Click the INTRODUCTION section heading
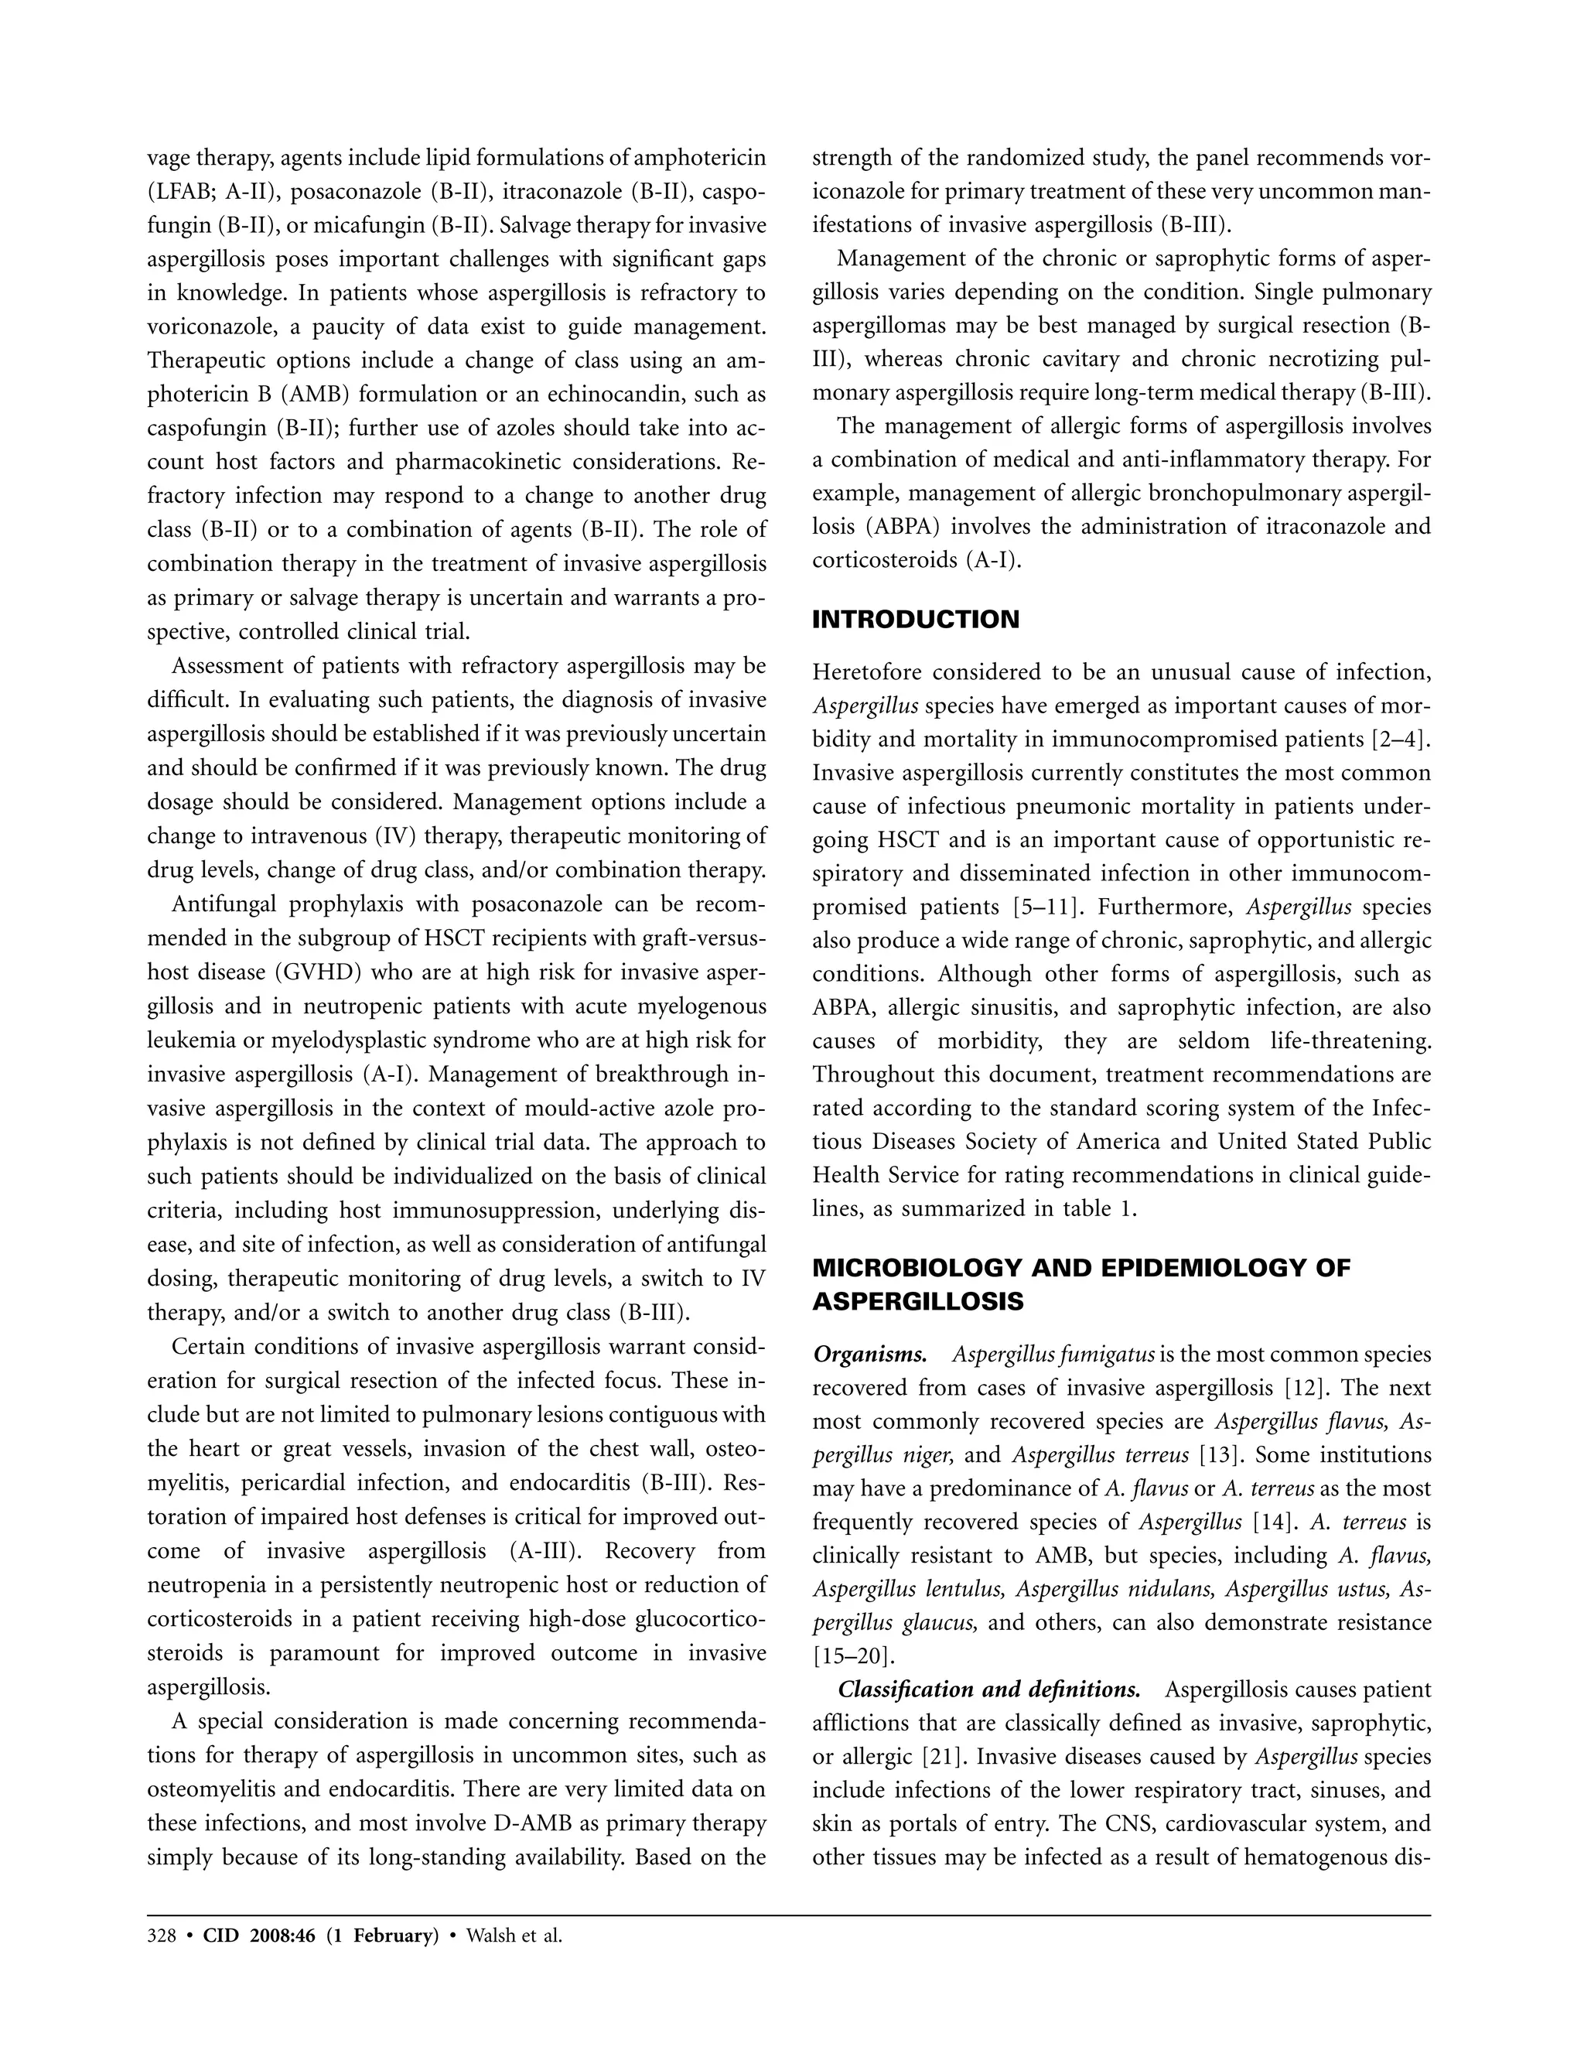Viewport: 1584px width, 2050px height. [x=915, y=620]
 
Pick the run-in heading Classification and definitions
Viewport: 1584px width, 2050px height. [x=989, y=1690]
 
